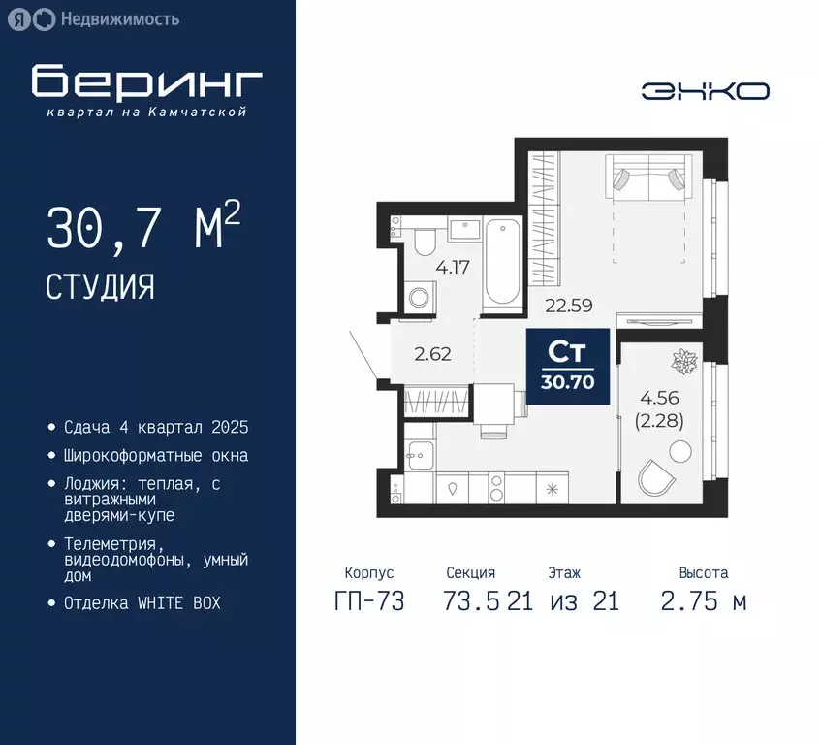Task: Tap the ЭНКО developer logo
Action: [x=705, y=91]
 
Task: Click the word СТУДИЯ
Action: [x=100, y=286]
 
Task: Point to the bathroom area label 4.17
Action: [x=452, y=267]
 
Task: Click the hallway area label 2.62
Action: [x=432, y=354]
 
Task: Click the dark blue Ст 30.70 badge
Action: [x=567, y=364]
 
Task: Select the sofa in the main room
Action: [x=646, y=178]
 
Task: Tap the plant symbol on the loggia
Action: [x=685, y=363]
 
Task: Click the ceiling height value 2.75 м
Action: [x=703, y=601]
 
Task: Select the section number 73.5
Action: [x=473, y=601]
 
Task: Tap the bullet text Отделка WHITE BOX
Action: [x=142, y=602]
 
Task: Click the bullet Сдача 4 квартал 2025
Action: [x=156, y=428]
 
